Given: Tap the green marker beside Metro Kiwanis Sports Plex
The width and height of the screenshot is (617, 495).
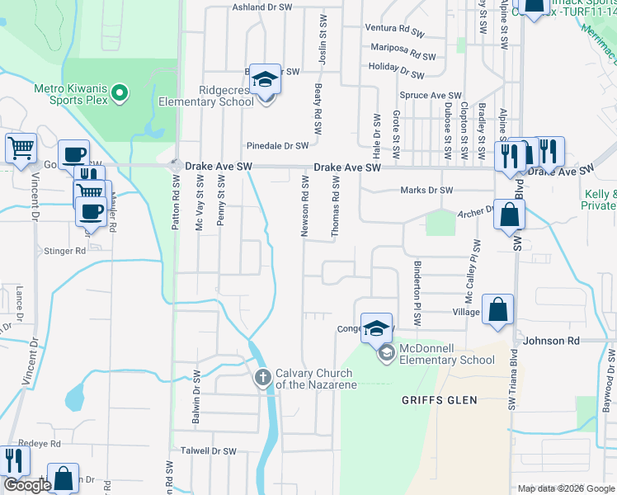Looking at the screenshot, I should click(120, 92).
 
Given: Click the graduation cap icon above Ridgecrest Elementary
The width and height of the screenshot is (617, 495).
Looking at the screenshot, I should click(266, 80).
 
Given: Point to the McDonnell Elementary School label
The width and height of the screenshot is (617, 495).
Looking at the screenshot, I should click(447, 354).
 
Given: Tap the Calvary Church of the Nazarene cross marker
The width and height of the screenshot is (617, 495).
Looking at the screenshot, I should click(262, 379).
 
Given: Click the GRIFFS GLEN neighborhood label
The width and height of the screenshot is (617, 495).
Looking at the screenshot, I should click(434, 400).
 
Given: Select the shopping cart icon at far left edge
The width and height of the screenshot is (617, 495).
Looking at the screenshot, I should click(21, 148).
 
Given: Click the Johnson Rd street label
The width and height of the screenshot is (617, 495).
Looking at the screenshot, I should click(551, 340).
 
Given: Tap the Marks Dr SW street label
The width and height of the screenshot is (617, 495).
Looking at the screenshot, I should click(426, 191).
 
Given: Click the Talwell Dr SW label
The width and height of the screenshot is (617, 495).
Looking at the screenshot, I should click(209, 451).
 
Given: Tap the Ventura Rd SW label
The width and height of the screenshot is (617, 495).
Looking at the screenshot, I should click(398, 27).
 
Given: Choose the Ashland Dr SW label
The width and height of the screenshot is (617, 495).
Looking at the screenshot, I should click(262, 7).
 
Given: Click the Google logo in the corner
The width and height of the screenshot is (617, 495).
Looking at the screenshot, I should click(27, 485).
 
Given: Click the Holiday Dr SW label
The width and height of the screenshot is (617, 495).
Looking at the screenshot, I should click(397, 70).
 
